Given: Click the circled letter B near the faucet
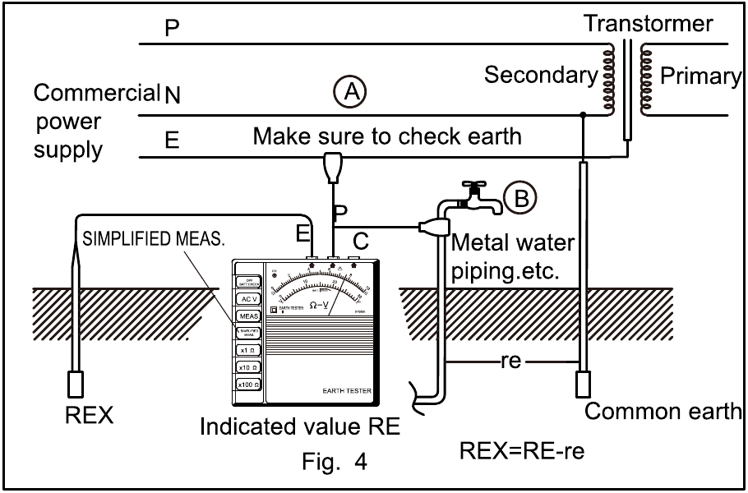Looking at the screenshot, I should [519, 197].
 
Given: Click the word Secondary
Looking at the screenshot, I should [541, 76].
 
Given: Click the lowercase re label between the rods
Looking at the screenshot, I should [510, 361].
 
